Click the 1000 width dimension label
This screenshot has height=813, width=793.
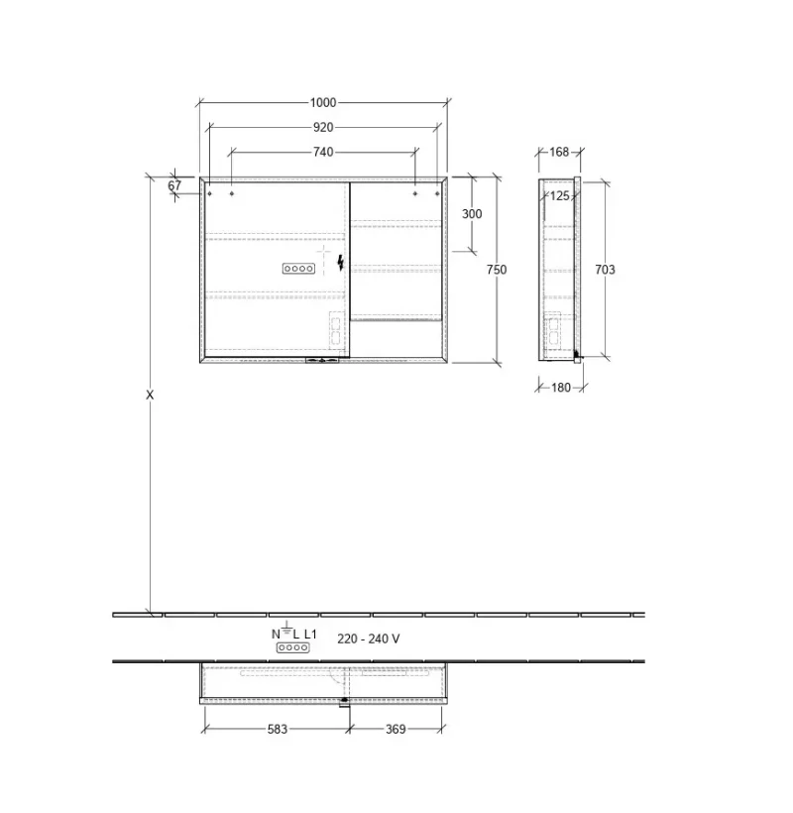[323, 103]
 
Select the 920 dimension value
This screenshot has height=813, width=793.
[323, 128]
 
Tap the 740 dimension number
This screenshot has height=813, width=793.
[323, 153]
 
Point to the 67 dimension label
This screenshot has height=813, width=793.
[174, 185]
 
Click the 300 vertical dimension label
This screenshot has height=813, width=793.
[472, 214]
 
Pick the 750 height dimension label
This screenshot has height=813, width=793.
[497, 270]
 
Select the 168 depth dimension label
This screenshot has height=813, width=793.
[559, 153]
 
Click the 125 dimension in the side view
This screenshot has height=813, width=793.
[560, 196]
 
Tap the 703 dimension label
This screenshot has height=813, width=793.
[605, 270]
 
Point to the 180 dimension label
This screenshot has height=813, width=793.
[561, 388]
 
